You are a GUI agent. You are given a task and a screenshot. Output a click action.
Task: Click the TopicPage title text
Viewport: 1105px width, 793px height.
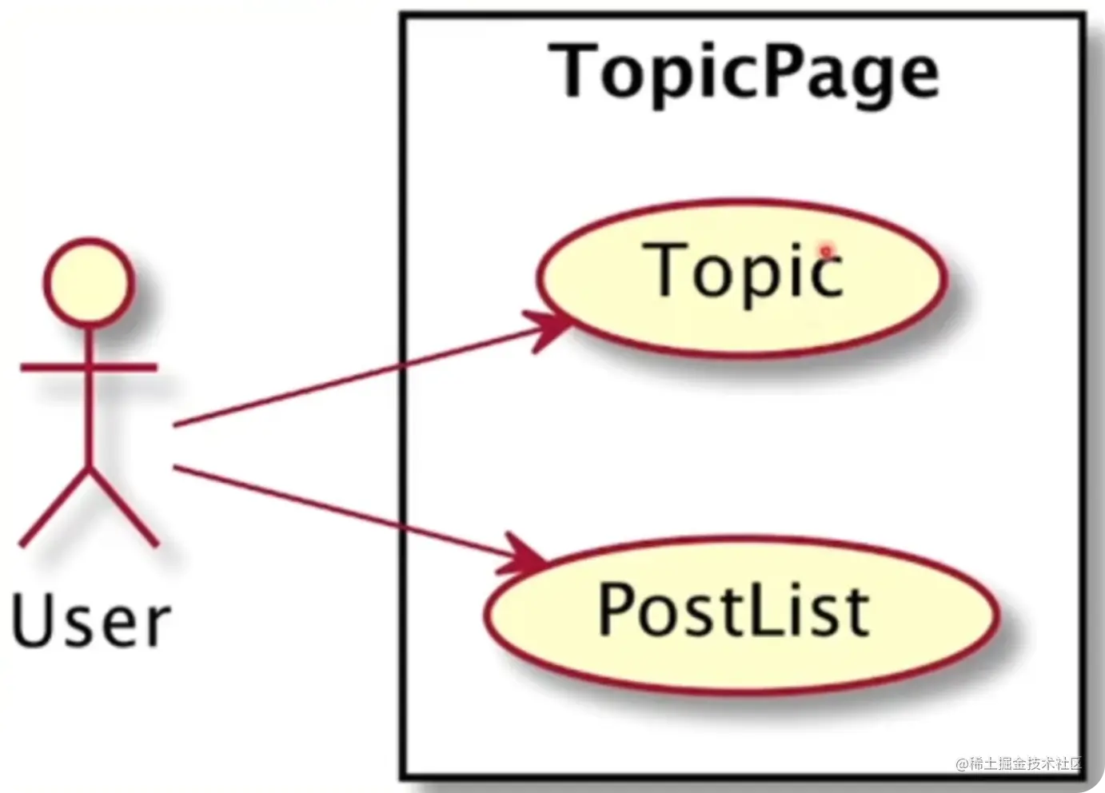click(748, 73)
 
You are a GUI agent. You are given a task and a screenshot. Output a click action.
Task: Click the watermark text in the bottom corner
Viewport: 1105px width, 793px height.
click(1019, 763)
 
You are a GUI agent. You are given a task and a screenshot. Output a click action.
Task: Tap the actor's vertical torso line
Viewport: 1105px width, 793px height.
click(89, 400)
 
